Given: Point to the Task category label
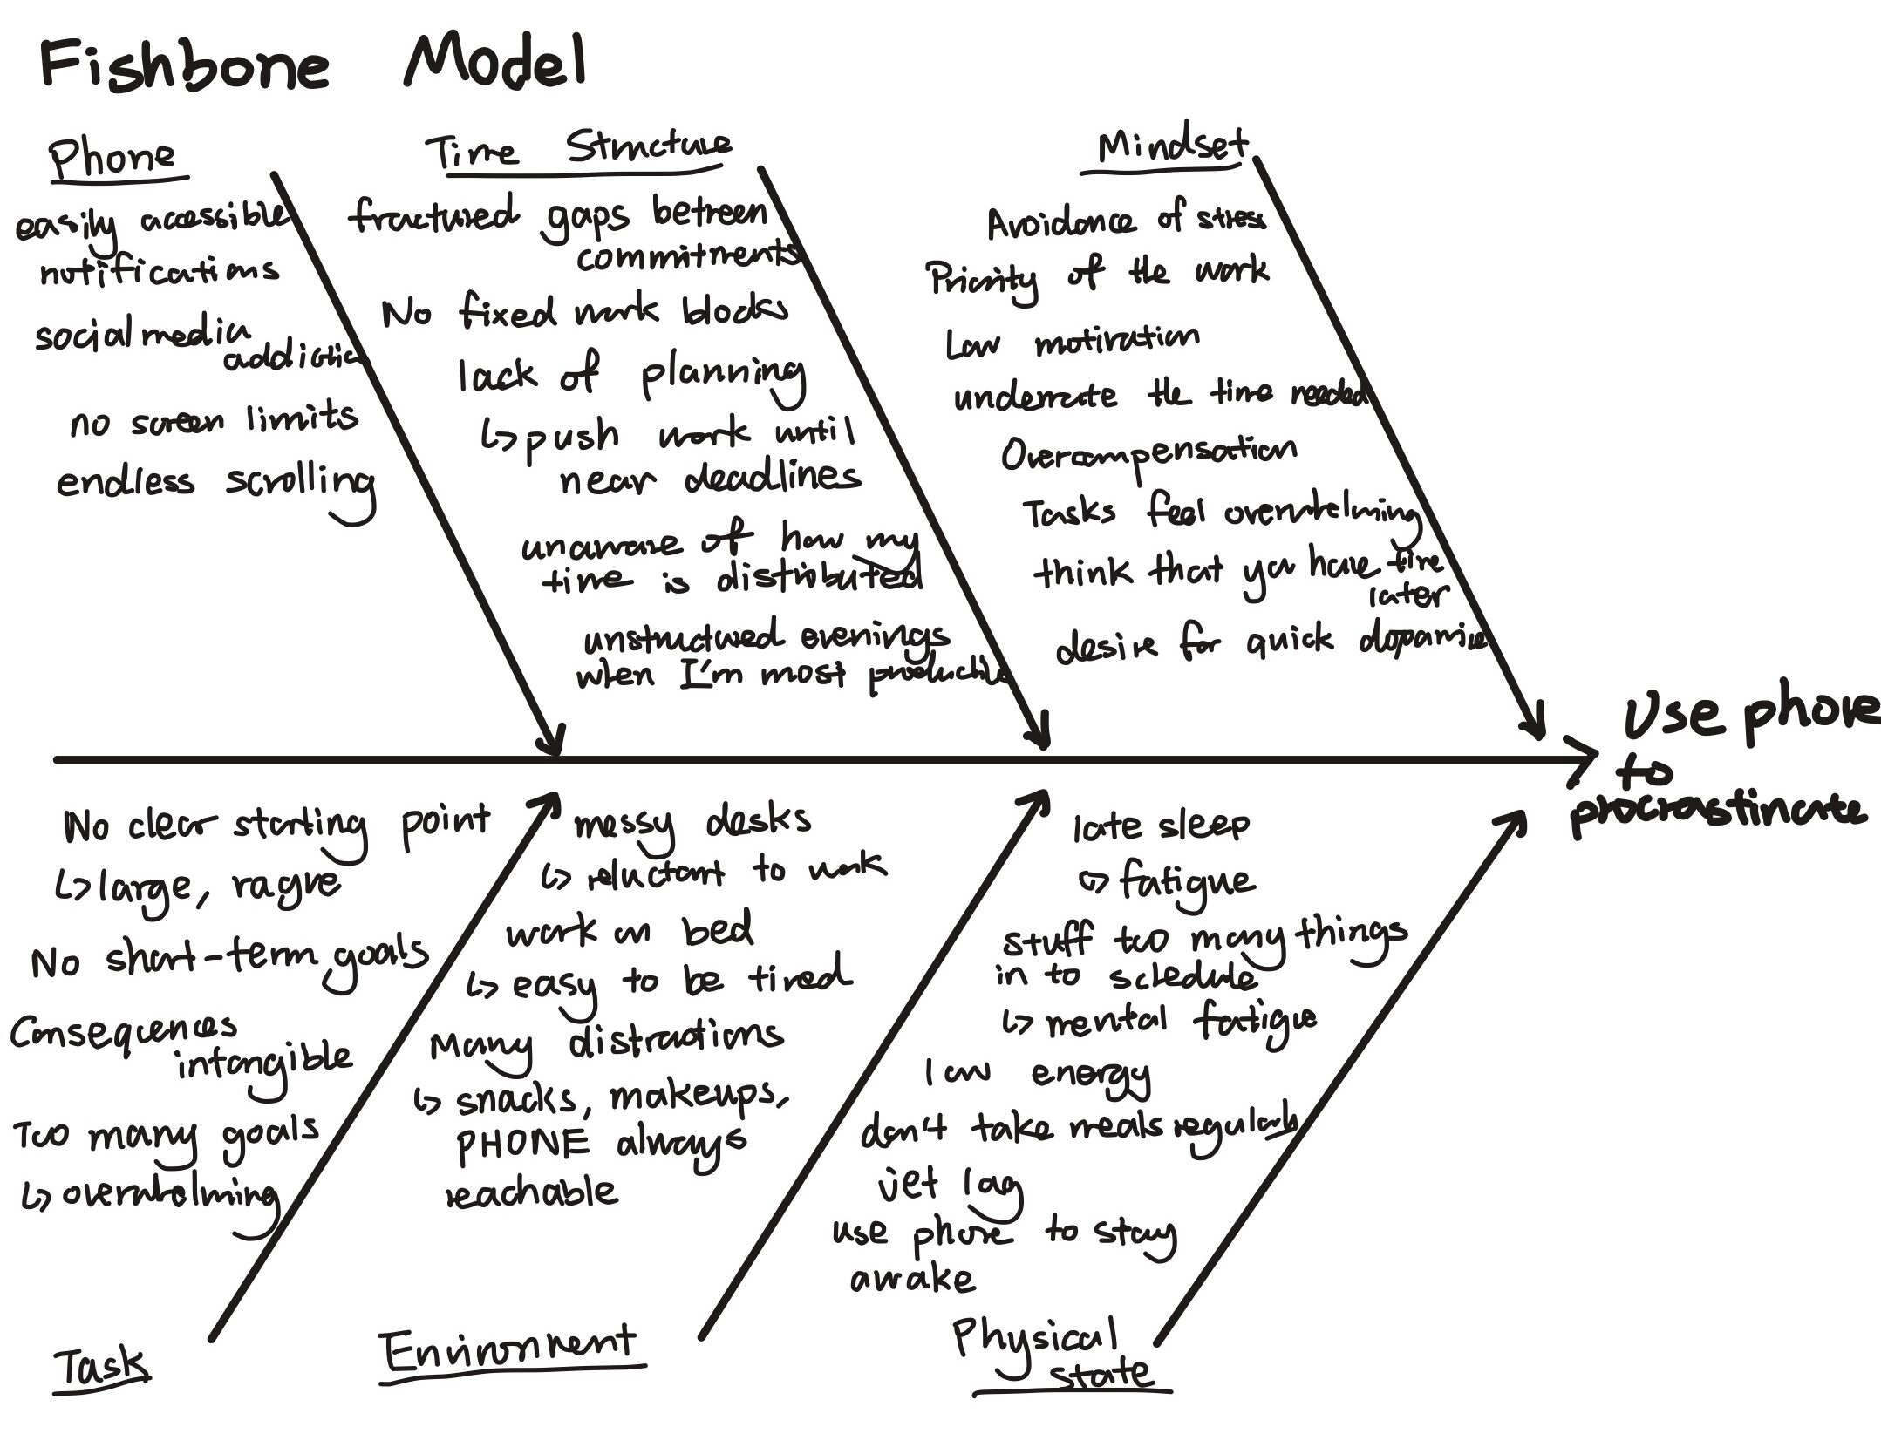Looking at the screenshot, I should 101,1366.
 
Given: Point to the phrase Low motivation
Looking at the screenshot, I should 1073,341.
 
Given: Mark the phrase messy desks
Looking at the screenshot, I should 692,822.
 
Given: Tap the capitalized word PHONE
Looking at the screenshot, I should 523,1144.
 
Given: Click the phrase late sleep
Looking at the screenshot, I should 1161,825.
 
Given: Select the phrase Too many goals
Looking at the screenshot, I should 166,1134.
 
